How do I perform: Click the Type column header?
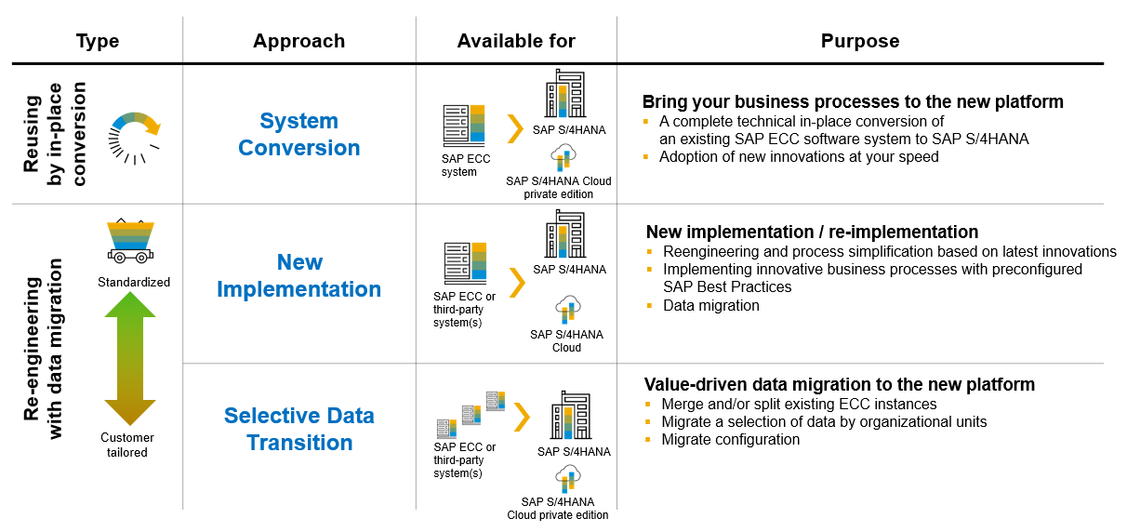[x=98, y=41]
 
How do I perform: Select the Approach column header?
[x=298, y=41]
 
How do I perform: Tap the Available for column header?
[x=516, y=41]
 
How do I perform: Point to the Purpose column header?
[x=860, y=41]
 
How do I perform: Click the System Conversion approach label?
[x=298, y=134]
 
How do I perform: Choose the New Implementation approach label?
[x=298, y=276]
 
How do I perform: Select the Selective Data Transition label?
[x=298, y=430]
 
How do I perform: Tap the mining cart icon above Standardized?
[x=130, y=241]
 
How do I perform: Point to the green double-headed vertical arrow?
[x=130, y=358]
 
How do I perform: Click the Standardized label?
[x=134, y=282]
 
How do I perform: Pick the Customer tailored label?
[x=127, y=445]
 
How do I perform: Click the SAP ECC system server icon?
[x=464, y=126]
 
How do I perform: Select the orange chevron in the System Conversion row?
[x=515, y=129]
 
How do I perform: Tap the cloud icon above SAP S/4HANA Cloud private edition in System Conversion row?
[x=563, y=157]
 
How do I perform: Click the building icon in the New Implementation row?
[x=565, y=234]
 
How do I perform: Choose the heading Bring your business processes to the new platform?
[x=853, y=101]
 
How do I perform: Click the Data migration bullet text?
[x=711, y=305]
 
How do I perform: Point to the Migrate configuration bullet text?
[x=731, y=439]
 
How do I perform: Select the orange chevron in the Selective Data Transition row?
[x=523, y=418]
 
